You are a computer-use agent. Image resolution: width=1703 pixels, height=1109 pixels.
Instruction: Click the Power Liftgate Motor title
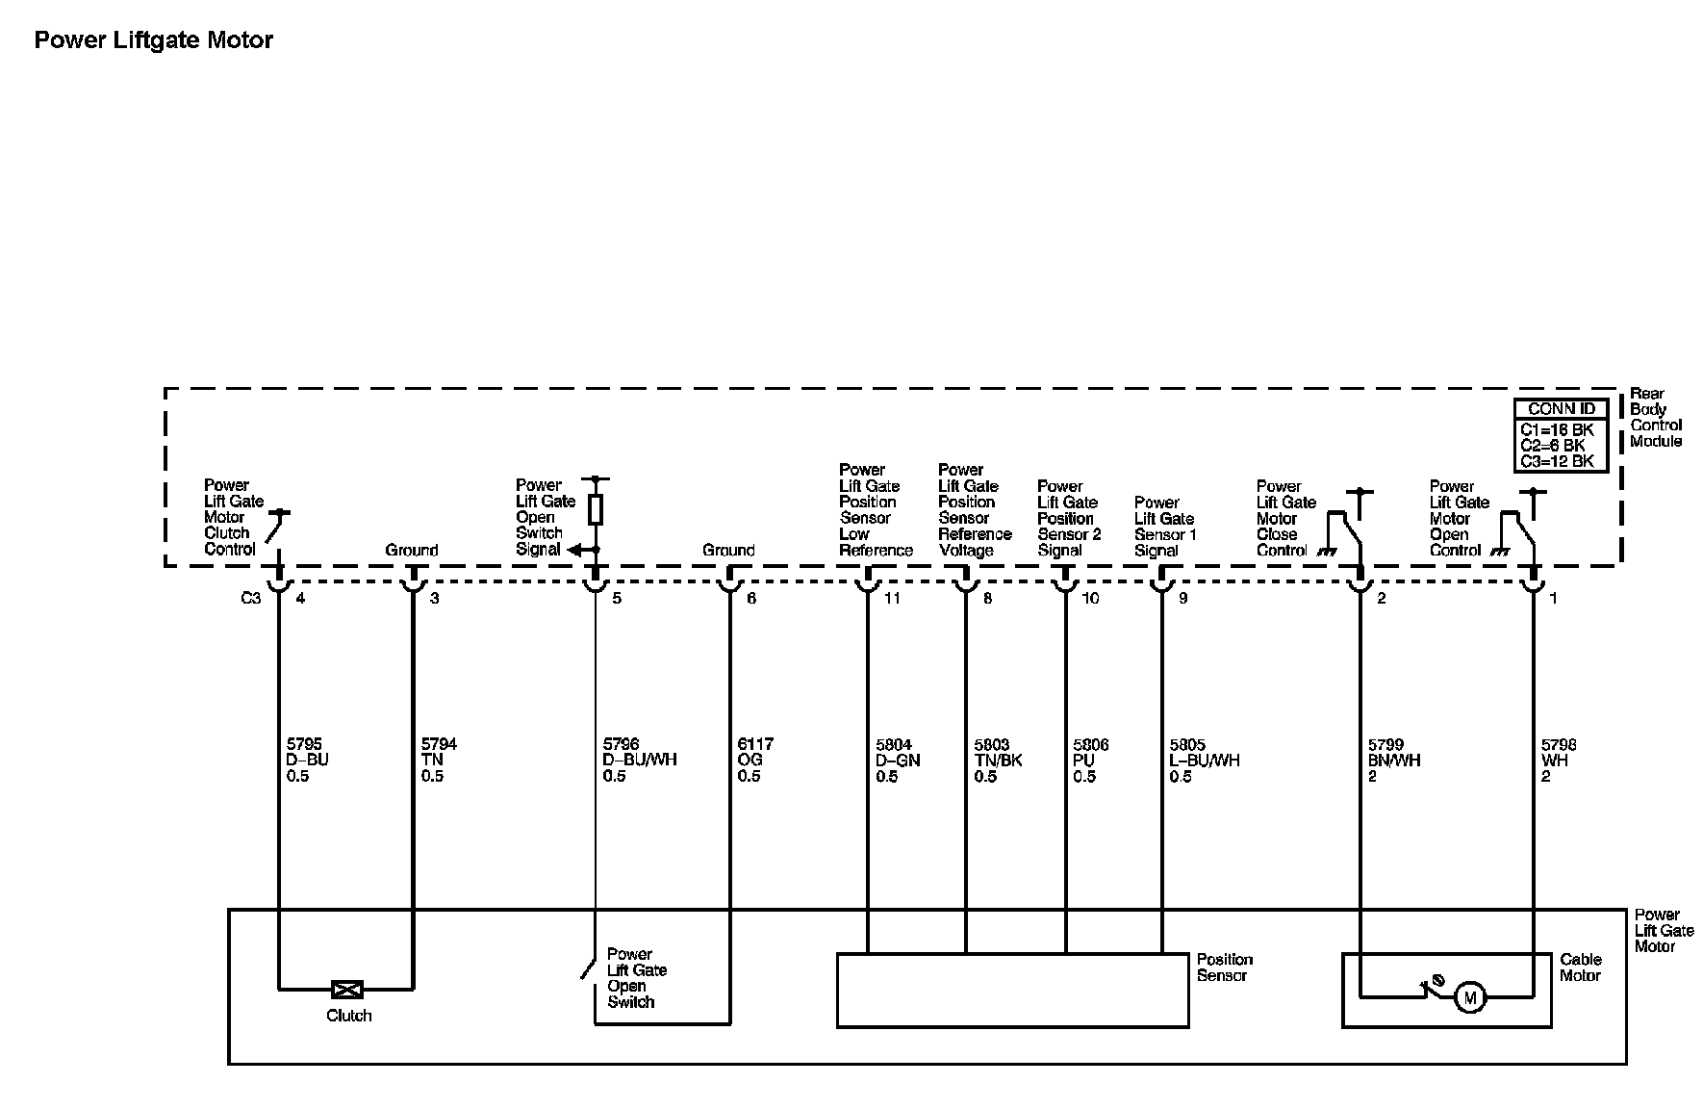pos(153,40)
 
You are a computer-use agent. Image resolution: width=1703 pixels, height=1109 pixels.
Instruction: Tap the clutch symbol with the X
pos(346,989)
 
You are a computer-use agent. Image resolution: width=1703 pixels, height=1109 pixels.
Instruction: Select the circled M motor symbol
pos(1469,998)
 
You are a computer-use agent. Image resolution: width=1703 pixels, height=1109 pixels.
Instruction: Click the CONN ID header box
pos(1561,409)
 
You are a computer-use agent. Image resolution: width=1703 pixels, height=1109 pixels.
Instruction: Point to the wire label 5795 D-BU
pos(308,760)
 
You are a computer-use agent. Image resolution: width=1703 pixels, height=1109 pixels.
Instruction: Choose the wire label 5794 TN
pos(439,760)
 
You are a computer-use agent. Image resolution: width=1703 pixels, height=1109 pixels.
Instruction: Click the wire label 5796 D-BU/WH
pos(639,760)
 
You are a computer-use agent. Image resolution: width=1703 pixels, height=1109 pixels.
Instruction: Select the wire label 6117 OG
pos(755,760)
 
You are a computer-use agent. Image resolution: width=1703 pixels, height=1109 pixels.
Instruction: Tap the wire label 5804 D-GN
pos(898,760)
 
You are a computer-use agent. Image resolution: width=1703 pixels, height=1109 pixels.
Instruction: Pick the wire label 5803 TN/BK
pos(998,760)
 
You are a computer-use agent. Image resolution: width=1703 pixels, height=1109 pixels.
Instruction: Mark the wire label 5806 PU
pos(1090,760)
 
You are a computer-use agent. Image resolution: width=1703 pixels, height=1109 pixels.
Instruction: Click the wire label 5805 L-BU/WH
pos(1204,760)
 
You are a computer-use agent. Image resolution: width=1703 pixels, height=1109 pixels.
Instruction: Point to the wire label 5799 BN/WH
pos(1394,760)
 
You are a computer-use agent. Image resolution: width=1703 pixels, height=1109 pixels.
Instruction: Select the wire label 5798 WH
pos(1559,760)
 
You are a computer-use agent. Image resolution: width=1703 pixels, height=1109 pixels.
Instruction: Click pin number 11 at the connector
pos(892,598)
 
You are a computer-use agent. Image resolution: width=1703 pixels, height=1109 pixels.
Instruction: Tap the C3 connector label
pos(250,598)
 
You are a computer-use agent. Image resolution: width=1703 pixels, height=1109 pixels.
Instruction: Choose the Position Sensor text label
pos(1224,967)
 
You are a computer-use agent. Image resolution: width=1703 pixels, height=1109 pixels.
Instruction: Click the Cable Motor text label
pos(1580,967)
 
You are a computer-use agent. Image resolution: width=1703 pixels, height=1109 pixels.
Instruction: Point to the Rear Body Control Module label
pos(1656,418)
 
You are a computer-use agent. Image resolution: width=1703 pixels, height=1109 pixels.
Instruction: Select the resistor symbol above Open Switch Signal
pos(596,510)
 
